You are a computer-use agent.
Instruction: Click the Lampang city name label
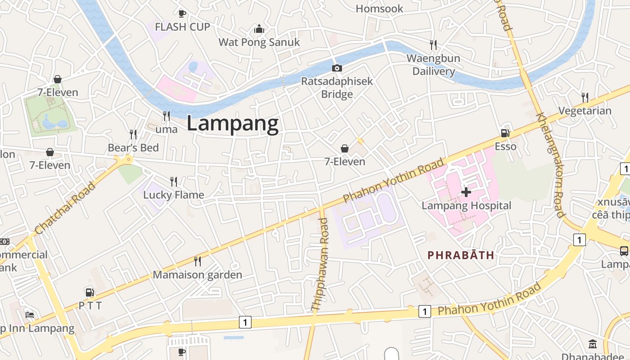point(233,123)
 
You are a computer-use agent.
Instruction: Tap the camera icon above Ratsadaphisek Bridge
point(337,68)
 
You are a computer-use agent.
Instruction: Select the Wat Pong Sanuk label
point(259,42)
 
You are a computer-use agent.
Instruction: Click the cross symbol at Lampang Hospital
point(466,192)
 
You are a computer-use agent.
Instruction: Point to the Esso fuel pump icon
point(505,133)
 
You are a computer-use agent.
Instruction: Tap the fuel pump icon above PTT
point(90,292)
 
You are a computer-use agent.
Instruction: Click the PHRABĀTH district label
point(461,255)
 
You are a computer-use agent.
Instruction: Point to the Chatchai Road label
point(65,208)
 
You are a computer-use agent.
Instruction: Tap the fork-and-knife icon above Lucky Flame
point(174,181)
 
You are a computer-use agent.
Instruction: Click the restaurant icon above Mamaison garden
point(197,261)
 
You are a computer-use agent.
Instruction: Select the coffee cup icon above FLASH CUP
point(182,13)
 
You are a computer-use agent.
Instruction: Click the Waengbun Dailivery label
point(433,65)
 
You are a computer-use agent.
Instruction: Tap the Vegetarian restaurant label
point(585,111)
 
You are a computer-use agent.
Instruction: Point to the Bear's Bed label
point(133,148)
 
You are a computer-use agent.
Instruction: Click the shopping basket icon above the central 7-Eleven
point(345,148)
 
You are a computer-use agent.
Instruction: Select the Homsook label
point(379,9)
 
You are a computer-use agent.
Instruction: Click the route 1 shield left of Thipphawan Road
point(245,322)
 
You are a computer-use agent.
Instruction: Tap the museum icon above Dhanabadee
point(593,344)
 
